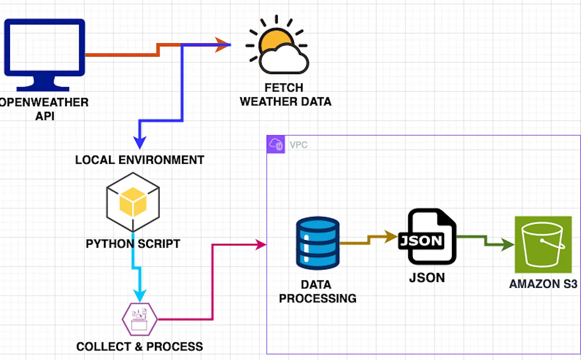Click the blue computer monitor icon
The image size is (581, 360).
point(45,55)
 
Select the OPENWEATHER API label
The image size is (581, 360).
point(44,109)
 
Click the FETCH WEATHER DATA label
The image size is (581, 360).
point(286,95)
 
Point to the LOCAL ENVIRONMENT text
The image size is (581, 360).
point(140,160)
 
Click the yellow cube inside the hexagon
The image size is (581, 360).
point(133,202)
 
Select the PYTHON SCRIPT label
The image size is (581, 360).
point(133,243)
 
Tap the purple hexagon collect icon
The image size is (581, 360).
point(140,319)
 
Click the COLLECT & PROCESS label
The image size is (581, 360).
point(139,347)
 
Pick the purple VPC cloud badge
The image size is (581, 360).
point(276,144)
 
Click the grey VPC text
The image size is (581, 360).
point(298,145)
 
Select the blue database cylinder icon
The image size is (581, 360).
point(318,243)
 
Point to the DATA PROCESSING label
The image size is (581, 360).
point(317,292)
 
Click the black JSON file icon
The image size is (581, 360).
point(427,236)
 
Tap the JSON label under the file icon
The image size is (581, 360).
point(427,277)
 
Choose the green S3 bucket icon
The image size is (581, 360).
point(543,244)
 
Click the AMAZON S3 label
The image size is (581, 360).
point(543,284)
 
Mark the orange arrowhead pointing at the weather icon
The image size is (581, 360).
point(222,45)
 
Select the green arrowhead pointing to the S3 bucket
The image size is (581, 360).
point(508,244)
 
